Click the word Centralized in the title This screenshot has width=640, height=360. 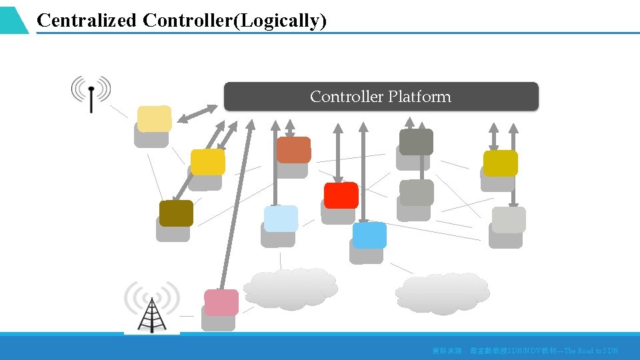click(x=87, y=21)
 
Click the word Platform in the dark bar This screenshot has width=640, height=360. click(x=419, y=97)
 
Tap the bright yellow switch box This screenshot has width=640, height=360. click(x=207, y=162)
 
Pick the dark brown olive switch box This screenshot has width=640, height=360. click(x=176, y=213)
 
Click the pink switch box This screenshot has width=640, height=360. click(x=221, y=303)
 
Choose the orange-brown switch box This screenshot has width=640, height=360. click(x=293, y=150)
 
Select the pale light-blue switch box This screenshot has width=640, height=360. click(x=281, y=219)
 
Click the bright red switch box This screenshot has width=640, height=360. click(x=341, y=195)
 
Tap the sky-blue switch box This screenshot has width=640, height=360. click(x=369, y=235)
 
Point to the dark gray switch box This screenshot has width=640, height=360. click(x=416, y=142)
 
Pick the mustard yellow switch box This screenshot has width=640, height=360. click(x=500, y=163)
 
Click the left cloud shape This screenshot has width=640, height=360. click(x=290, y=288)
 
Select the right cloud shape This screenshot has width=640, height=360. click(x=441, y=292)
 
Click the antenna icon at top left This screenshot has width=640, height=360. click(x=91, y=93)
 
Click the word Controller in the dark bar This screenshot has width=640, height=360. click(x=347, y=97)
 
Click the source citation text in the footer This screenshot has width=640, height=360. click(x=525, y=350)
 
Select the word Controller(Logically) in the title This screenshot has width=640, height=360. click(x=235, y=21)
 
